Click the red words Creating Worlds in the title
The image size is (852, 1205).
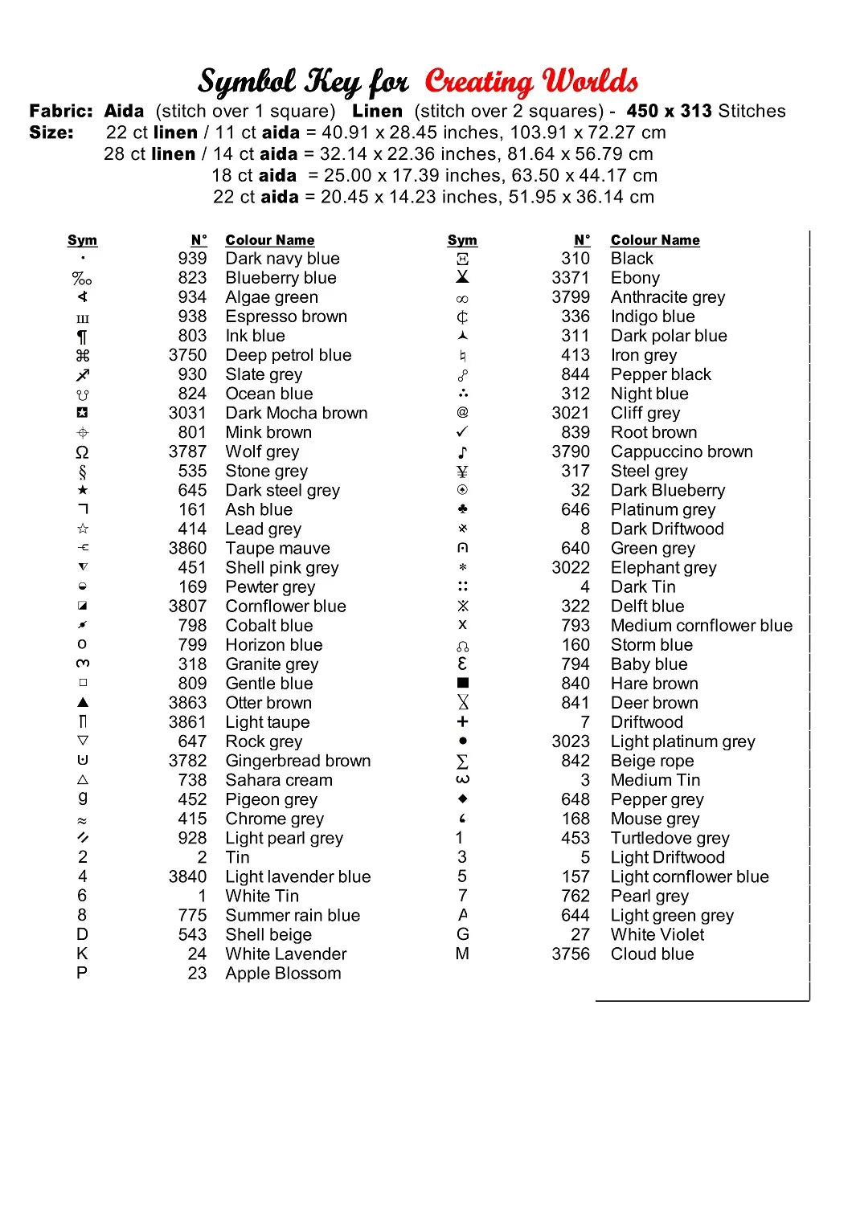point(531,81)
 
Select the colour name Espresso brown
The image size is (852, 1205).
point(286,317)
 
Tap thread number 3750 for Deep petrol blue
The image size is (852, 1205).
point(187,355)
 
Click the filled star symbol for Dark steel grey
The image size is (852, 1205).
point(83,490)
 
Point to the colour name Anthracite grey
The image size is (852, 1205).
point(668,297)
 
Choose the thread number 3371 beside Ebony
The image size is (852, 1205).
point(571,278)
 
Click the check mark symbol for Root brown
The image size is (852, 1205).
point(462,432)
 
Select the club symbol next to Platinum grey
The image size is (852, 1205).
point(462,509)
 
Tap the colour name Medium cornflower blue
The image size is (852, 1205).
point(702,626)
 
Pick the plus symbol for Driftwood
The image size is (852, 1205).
point(462,722)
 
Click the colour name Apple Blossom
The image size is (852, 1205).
point(283,974)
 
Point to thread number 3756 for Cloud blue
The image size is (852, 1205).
point(571,954)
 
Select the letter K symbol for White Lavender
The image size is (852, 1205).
point(82,954)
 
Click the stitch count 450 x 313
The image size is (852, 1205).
point(669,111)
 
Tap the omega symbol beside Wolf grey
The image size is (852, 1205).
point(82,452)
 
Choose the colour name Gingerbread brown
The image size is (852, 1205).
point(298,761)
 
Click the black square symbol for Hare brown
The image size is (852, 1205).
point(462,684)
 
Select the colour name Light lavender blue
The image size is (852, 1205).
point(298,877)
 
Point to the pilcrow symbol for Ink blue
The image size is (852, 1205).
point(82,337)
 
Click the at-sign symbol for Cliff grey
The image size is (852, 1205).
point(462,413)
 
